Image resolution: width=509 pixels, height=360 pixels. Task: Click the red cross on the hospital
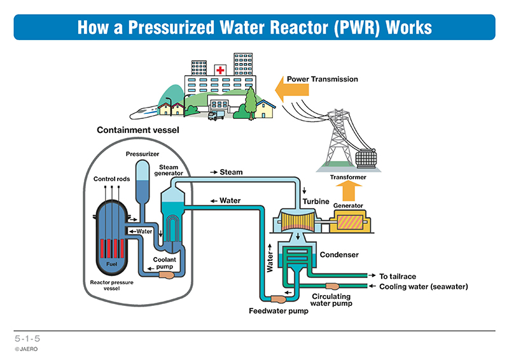tap(220, 70)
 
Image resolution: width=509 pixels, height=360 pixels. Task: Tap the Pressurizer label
tap(143, 154)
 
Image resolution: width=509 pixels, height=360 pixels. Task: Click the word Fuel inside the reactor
tap(111, 264)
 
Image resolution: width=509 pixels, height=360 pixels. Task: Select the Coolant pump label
tap(165, 263)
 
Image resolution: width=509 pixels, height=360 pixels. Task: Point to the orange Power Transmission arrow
tap(292, 89)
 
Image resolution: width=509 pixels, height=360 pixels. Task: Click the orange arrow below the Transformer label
tap(348, 191)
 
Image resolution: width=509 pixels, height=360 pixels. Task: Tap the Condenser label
tap(339, 255)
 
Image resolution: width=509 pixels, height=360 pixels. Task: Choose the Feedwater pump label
tap(279, 311)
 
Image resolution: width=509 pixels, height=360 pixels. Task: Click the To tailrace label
tap(398, 276)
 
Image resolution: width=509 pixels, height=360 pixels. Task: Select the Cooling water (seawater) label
tap(424, 287)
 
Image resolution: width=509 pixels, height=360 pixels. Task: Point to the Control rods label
tap(112, 179)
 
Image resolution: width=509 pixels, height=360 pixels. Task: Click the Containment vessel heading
tap(138, 130)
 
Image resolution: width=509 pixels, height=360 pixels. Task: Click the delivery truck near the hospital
tap(216, 115)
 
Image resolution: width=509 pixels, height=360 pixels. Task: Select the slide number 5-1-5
tap(27, 338)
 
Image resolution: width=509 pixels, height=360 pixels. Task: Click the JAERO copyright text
tap(26, 349)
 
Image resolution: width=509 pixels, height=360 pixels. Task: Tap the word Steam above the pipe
tap(231, 172)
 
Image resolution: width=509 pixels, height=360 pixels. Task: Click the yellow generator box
tap(350, 222)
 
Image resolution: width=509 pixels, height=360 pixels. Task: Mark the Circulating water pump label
tap(331, 300)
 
